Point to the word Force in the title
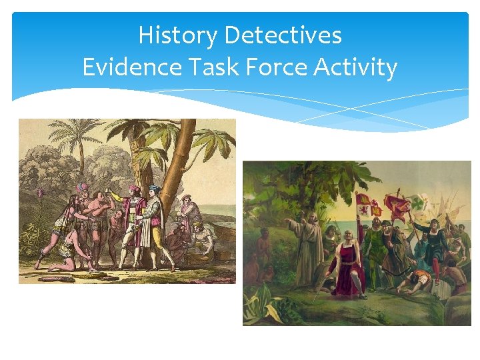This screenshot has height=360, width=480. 281,67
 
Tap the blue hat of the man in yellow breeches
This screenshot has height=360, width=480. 154,189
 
